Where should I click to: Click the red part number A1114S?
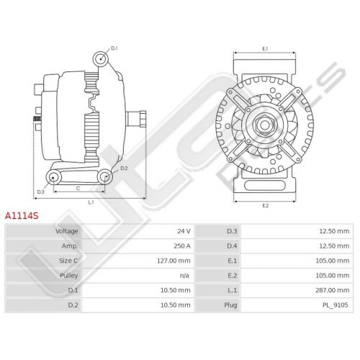click(x=22, y=216)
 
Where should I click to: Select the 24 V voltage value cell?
click(x=184, y=231)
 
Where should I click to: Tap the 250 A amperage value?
click(x=182, y=246)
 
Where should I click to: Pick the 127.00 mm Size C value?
click(x=174, y=261)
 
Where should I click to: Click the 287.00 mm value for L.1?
click(x=333, y=290)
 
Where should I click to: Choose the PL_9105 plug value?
click(x=335, y=305)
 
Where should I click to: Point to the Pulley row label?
click(x=69, y=276)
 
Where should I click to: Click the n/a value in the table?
click(x=184, y=276)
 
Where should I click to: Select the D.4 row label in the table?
click(x=232, y=246)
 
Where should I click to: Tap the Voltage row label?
click(x=67, y=231)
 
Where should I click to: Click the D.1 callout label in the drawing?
click(x=114, y=48)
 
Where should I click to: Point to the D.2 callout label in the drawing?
click(x=124, y=168)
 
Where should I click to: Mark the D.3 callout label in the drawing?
click(x=40, y=192)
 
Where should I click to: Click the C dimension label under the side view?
click(x=78, y=189)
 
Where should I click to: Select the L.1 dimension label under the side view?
click(x=91, y=202)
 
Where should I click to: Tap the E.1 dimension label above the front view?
click(x=265, y=49)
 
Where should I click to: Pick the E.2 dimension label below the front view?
click(x=265, y=206)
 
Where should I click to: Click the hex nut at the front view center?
click(x=265, y=125)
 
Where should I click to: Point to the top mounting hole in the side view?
click(x=101, y=58)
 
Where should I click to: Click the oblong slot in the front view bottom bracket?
click(x=265, y=185)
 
